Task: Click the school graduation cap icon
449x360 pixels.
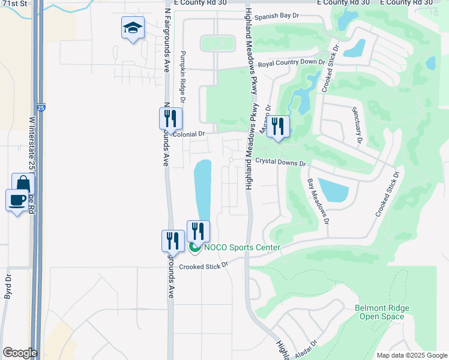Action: click(x=133, y=28)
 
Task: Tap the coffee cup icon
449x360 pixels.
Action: click(x=17, y=200)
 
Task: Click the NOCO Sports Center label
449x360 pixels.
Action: click(x=242, y=247)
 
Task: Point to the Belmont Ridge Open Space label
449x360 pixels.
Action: click(x=382, y=312)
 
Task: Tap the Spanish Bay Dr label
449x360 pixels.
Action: click(x=277, y=17)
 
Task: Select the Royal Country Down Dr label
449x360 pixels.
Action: click(x=291, y=63)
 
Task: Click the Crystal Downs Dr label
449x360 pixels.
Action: click(x=280, y=163)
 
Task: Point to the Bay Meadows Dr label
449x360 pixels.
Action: click(x=318, y=200)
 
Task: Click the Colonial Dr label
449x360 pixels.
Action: click(x=189, y=135)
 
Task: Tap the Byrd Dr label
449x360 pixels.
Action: click(x=8, y=287)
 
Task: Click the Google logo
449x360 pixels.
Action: click(x=20, y=353)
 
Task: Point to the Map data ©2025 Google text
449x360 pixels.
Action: click(x=411, y=355)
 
